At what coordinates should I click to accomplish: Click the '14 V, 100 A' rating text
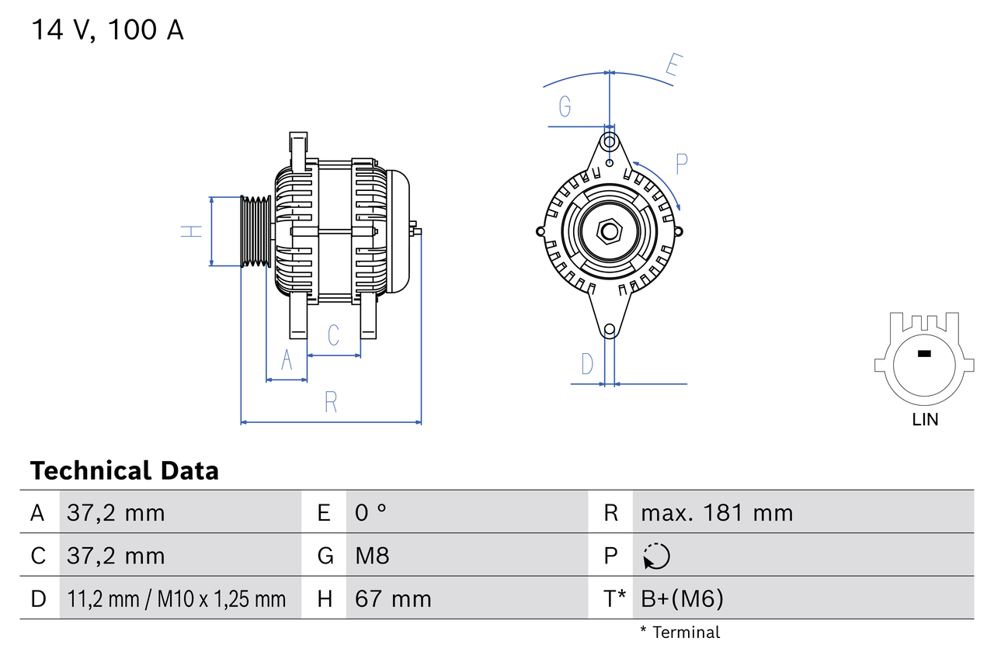tap(107, 30)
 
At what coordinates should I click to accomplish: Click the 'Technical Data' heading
tap(124, 470)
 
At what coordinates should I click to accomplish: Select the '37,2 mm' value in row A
tap(116, 512)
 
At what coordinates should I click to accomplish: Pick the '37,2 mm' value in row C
tap(116, 556)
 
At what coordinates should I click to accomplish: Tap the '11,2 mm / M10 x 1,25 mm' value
tap(176, 598)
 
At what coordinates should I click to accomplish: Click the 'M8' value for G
tap(372, 556)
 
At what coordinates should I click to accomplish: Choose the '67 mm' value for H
tap(392, 598)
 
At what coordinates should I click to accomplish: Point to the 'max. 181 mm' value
tap(717, 512)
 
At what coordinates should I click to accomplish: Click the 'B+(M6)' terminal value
tap(682, 598)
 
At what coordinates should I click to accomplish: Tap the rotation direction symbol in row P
tap(656, 556)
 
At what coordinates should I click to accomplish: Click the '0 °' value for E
tap(370, 512)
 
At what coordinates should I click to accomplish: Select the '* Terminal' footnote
tap(680, 633)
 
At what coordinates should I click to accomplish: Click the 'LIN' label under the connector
tap(924, 420)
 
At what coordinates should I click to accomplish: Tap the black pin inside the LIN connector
tap(923, 354)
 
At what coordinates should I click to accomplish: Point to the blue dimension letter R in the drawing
tap(331, 402)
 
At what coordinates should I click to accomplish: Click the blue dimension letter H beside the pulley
tap(191, 231)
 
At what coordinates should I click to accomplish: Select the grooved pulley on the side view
tap(255, 231)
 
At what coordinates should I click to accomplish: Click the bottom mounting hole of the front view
tap(610, 330)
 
